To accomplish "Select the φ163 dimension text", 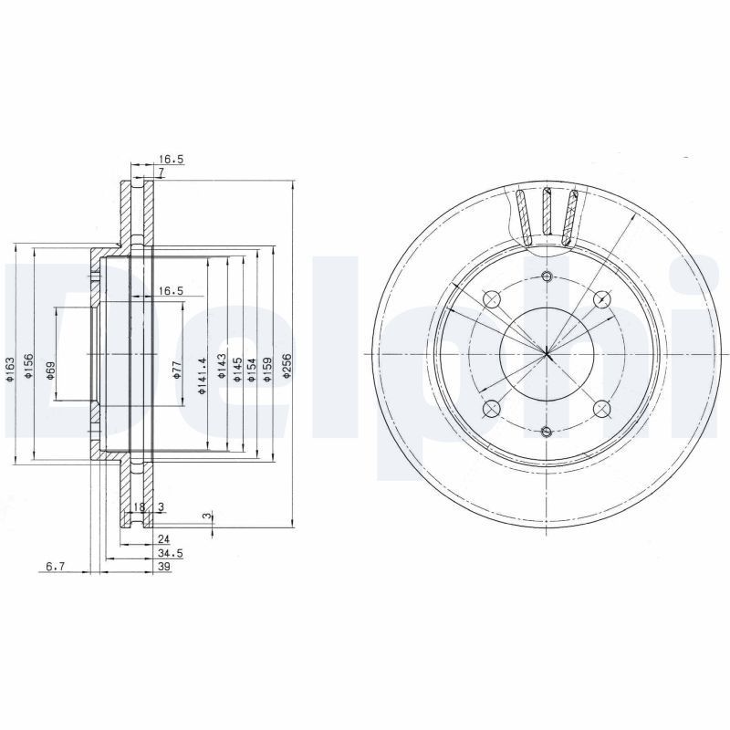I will point(10,369).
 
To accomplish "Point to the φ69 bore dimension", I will point(51,370).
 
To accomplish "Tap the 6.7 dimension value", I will point(55,568).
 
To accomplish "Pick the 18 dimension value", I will point(140,507).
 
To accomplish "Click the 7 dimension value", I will point(160,172).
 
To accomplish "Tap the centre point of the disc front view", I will point(546,354).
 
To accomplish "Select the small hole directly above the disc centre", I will point(546,277).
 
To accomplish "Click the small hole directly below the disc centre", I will point(546,431).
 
